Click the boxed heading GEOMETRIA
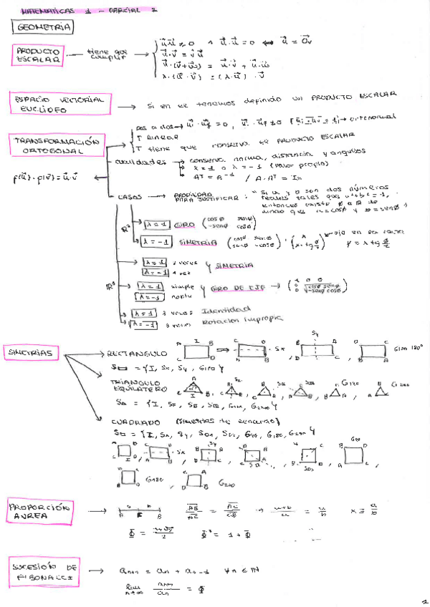(42, 27)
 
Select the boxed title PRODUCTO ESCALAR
(37, 55)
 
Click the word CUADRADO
(135, 420)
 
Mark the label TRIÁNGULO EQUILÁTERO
(136, 387)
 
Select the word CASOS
(130, 195)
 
